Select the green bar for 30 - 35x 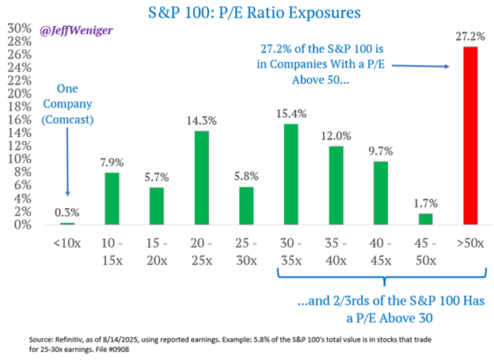(291, 174)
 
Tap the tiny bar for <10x (69, 224)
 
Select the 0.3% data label (69, 213)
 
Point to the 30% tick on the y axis (13, 27)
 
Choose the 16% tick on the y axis (13, 119)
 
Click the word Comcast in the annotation (67, 119)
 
